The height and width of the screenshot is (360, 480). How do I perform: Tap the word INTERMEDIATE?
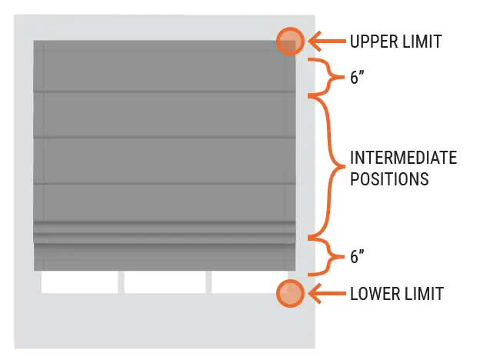403,158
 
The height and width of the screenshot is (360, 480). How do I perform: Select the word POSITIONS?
388,180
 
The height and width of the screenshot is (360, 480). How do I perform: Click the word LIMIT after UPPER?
421,42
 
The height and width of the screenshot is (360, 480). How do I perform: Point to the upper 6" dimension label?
358,78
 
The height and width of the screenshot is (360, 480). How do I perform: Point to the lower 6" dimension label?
358,258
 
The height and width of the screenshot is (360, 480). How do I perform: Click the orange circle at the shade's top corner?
290,41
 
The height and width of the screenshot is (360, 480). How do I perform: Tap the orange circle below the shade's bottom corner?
290,293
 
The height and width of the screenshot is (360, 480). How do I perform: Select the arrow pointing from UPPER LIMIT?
324,41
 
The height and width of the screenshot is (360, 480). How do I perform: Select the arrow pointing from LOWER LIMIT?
324,293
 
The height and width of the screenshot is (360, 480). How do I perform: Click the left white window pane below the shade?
80,282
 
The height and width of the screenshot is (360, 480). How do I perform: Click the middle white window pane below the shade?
165,282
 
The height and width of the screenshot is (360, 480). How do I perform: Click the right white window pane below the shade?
248,282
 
